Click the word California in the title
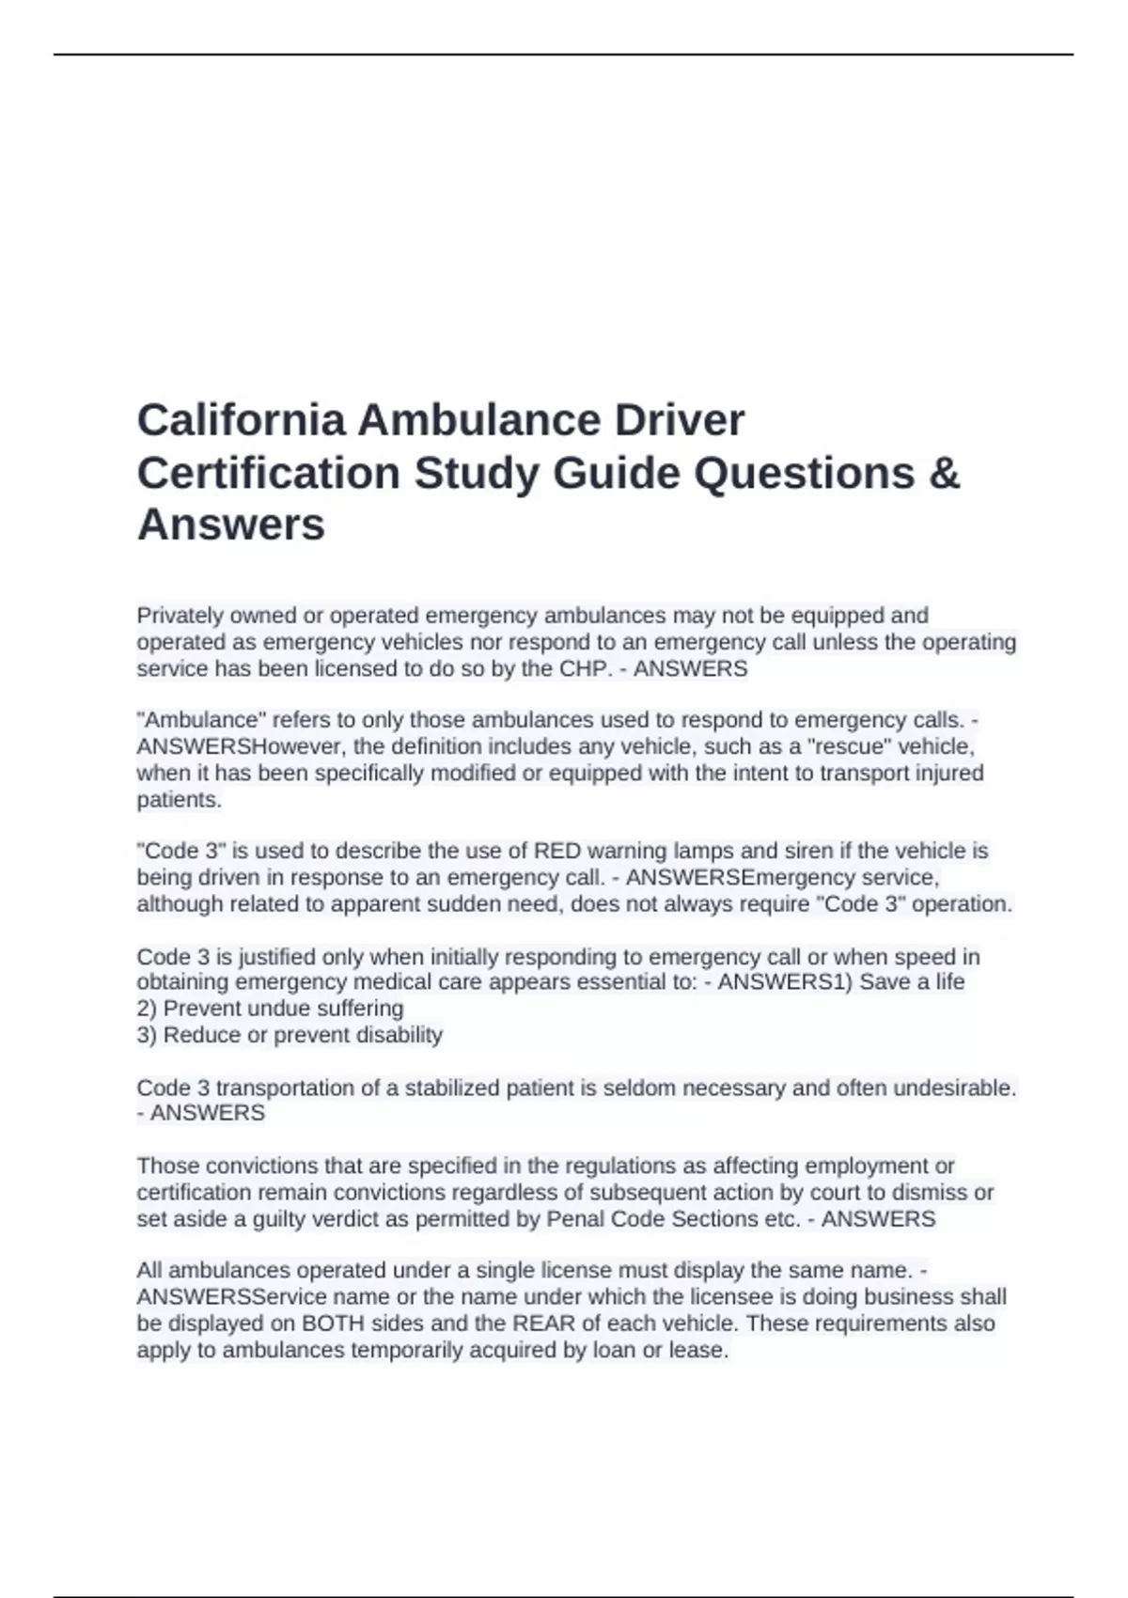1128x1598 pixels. tap(240, 420)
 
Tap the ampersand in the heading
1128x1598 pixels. tap(943, 473)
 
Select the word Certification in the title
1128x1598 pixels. tap(268, 473)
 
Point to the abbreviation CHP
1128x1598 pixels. tap(583, 669)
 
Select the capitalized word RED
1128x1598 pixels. tap(557, 852)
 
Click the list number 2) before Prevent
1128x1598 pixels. tap(147, 1009)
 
